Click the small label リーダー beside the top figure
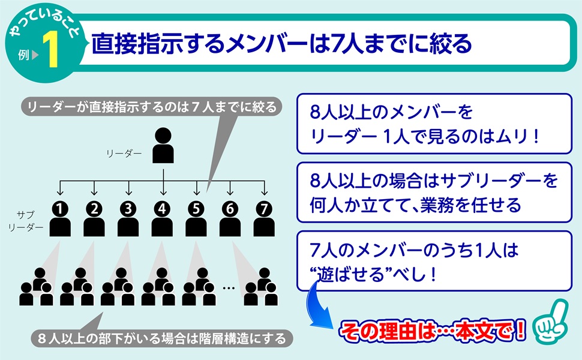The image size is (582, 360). tap(124, 154)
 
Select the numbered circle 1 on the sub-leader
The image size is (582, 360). tap(60, 209)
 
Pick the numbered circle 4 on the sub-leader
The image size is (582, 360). tap(162, 209)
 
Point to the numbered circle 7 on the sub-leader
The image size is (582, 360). tap(263, 209)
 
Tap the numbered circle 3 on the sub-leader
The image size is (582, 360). tap(128, 209)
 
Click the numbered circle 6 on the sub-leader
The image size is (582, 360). tap(230, 209)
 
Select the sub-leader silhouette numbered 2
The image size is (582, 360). tap(94, 226)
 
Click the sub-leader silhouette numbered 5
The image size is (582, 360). tap(196, 226)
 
